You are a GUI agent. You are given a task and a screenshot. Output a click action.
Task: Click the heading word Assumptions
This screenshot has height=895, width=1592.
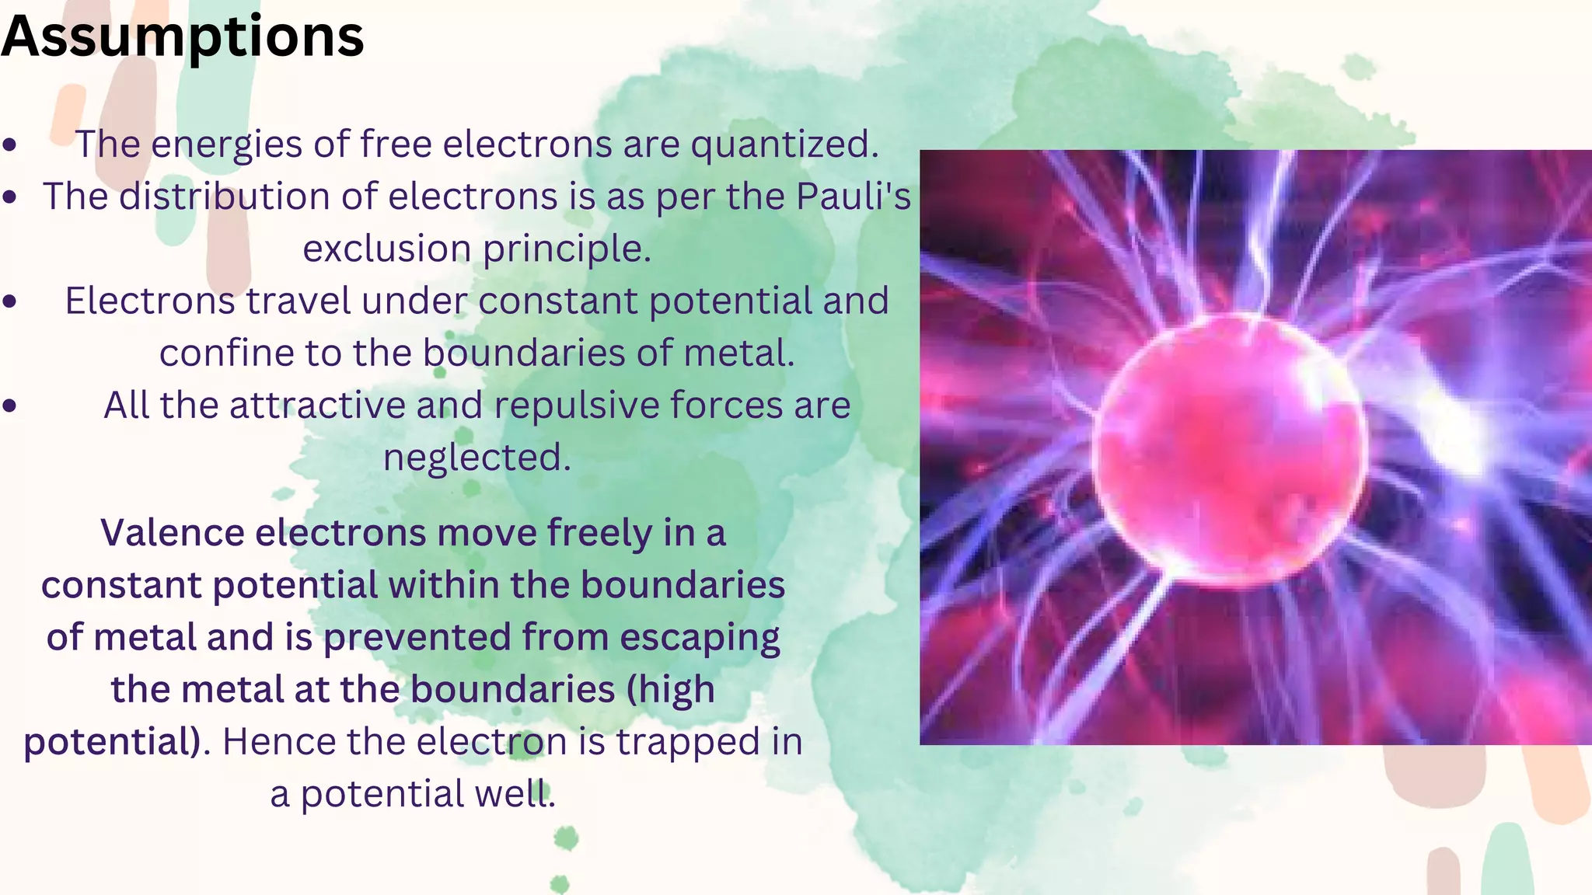coord(183,37)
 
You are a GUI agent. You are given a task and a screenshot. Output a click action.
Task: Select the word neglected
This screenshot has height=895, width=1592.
coord(477,458)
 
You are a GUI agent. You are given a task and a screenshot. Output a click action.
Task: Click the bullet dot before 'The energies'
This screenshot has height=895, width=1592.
coord(10,145)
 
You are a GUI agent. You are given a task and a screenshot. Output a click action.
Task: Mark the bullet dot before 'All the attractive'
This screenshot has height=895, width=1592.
coord(10,405)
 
